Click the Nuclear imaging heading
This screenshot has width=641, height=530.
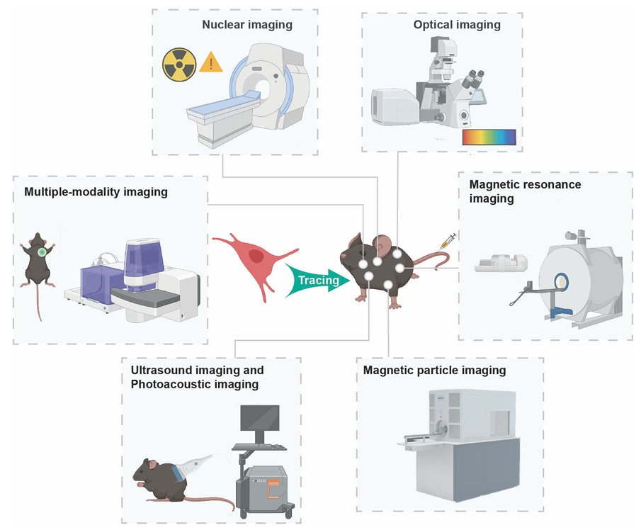pyautogui.click(x=247, y=25)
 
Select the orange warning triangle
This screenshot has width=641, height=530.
pyautogui.click(x=210, y=64)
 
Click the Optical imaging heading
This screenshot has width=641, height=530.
pyautogui.click(x=457, y=25)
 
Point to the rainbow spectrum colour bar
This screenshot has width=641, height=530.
pyautogui.click(x=489, y=137)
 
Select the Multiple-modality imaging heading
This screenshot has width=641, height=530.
pyautogui.click(x=96, y=191)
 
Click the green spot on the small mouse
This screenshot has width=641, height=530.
pyautogui.click(x=42, y=252)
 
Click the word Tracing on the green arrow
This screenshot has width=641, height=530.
pyautogui.click(x=317, y=280)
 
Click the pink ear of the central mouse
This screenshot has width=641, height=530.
pyautogui.click(x=382, y=246)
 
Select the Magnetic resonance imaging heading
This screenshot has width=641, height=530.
pyautogui.click(x=525, y=191)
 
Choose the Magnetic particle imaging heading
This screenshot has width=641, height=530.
pyautogui.click(x=434, y=371)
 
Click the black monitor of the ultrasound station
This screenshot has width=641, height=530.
pyautogui.click(x=260, y=422)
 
